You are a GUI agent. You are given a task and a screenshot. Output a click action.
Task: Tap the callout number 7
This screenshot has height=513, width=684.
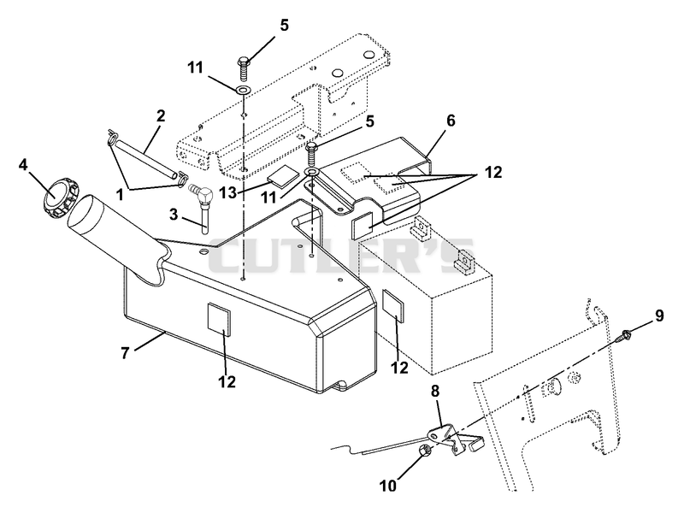click(x=126, y=352)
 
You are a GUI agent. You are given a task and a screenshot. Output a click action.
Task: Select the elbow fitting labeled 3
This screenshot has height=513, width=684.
click(x=201, y=205)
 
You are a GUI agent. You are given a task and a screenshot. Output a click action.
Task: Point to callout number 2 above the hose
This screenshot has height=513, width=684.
click(x=161, y=115)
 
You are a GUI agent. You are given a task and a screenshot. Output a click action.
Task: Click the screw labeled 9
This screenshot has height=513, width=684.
click(x=627, y=335)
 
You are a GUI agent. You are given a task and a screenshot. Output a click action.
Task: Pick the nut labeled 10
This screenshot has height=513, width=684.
click(x=426, y=451)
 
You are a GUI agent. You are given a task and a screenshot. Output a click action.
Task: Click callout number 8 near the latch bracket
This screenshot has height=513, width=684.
click(x=435, y=392)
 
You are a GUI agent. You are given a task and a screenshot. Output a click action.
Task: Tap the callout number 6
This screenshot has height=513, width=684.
click(x=451, y=121)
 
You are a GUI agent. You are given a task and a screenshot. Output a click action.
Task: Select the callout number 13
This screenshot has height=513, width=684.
click(x=227, y=192)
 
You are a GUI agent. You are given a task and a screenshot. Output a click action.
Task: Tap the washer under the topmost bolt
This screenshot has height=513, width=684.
click(x=243, y=91)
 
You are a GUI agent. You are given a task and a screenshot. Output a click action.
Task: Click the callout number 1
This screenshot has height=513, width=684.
click(x=119, y=195)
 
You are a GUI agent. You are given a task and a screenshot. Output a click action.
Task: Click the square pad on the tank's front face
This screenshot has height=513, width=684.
click(x=218, y=317)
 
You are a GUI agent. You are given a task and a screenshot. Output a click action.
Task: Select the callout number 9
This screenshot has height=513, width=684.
click(x=658, y=315)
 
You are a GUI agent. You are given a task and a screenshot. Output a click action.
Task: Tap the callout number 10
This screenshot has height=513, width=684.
click(x=387, y=485)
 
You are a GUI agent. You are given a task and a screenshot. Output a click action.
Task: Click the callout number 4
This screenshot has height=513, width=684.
click(x=23, y=165)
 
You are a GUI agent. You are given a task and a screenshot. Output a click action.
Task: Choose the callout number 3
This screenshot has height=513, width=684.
click(x=174, y=215)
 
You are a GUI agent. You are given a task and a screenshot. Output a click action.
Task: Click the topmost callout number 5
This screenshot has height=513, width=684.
click(x=284, y=26)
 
